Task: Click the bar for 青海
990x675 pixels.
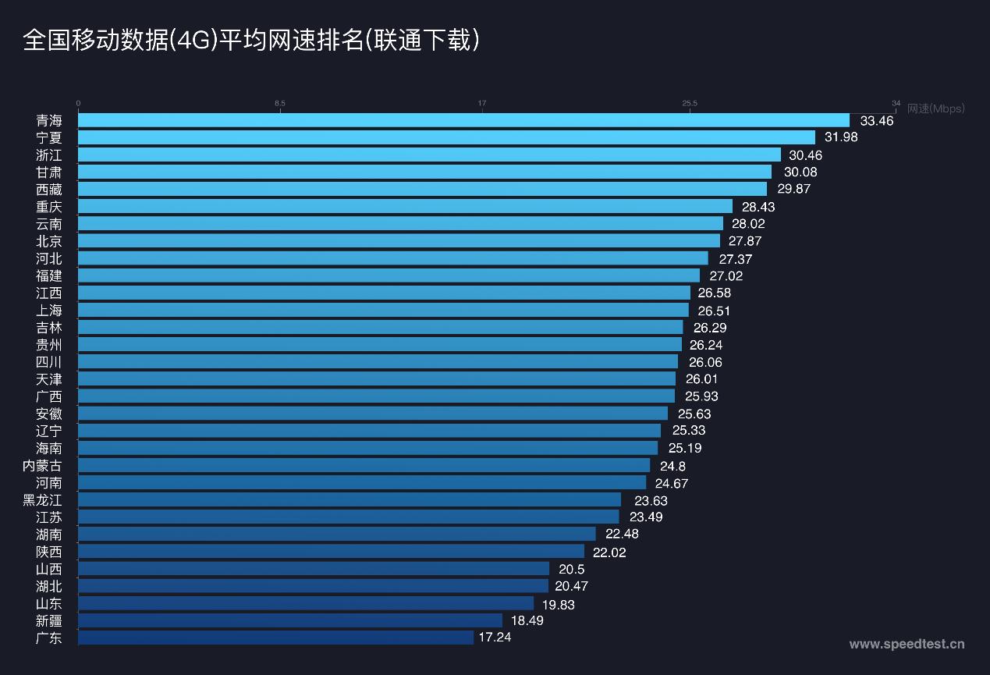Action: tap(463, 120)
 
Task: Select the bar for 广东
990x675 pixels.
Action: tap(275, 638)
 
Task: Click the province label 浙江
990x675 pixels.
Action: tap(48, 155)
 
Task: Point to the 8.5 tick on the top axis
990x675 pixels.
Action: tap(280, 103)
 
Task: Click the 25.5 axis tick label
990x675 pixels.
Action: tap(690, 103)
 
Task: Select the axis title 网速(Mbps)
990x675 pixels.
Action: tap(935, 108)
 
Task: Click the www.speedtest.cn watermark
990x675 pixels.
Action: tap(907, 644)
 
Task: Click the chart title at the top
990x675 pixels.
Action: tap(251, 41)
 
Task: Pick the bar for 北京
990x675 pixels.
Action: tap(399, 240)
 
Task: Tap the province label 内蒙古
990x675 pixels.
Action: tap(42, 465)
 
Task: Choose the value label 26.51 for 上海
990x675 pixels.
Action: tap(714, 311)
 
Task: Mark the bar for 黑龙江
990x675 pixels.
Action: tap(350, 499)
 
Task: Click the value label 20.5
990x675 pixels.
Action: tap(571, 570)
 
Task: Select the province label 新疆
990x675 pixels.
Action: tap(48, 620)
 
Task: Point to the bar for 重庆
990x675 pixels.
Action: tap(405, 206)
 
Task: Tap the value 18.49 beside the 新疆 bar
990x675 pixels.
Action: tap(527, 620)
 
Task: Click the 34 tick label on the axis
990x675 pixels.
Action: tap(896, 103)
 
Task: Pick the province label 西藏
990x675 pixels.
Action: tap(48, 189)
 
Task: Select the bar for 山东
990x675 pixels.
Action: tap(306, 603)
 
